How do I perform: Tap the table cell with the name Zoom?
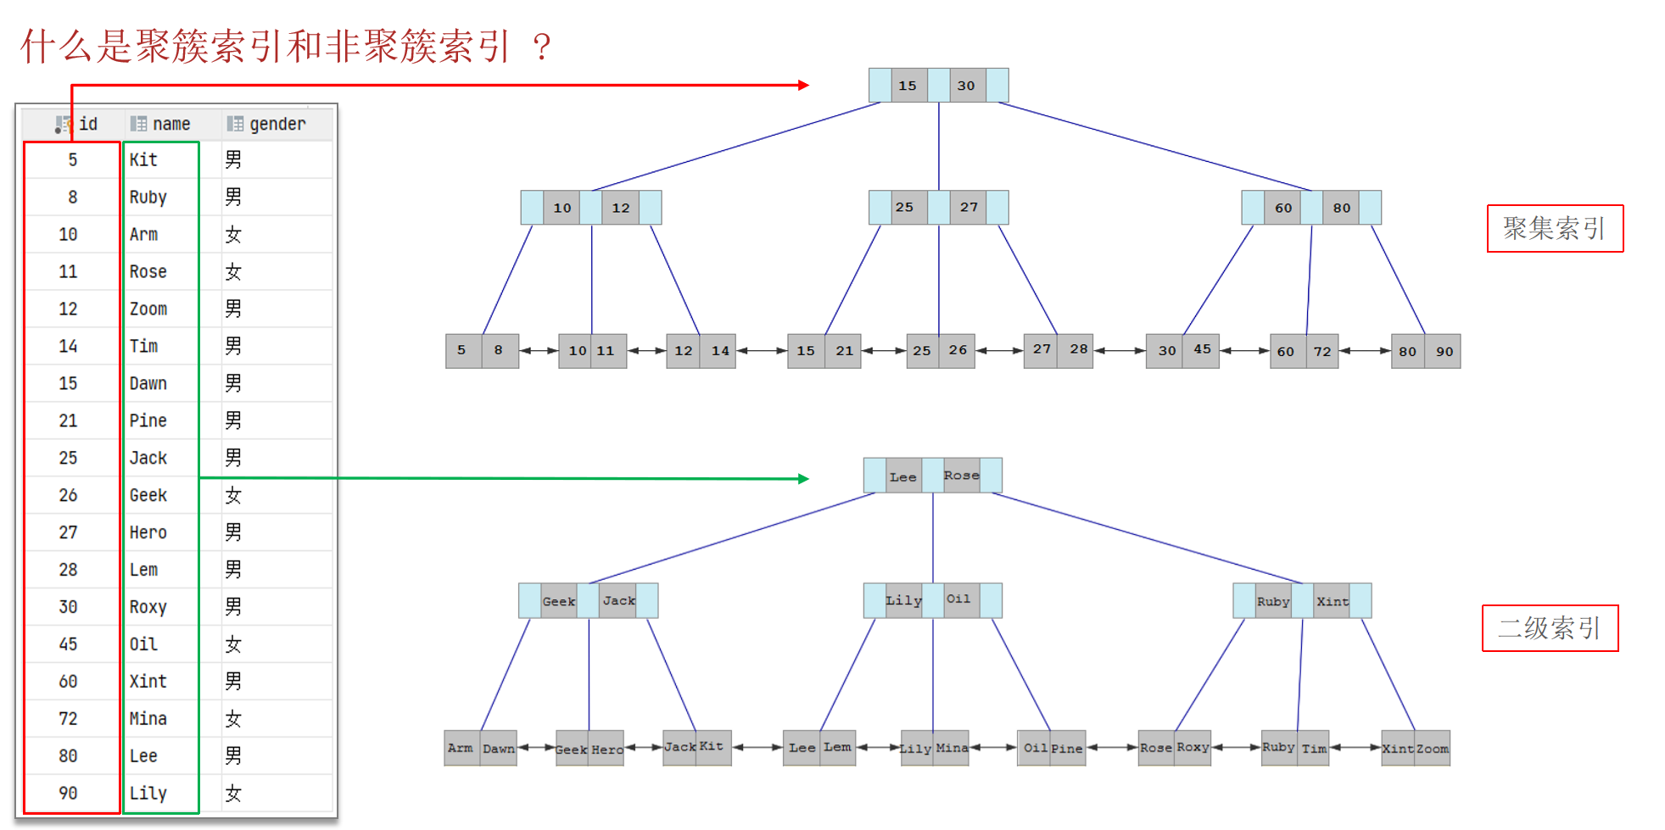[x=148, y=309]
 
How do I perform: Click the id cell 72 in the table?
[x=68, y=719]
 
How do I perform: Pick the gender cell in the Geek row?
[x=233, y=495]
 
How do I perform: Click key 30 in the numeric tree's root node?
[x=966, y=86]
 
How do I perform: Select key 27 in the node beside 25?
[x=969, y=207]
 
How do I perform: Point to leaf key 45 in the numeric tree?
[x=1202, y=349]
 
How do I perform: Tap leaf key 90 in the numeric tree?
[x=1444, y=351]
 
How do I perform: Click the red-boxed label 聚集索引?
[x=1555, y=228]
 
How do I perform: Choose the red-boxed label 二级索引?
[x=1550, y=628]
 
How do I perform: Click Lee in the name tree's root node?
[x=903, y=476]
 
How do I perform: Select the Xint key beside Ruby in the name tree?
[x=1332, y=601]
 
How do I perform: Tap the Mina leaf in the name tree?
[x=952, y=748]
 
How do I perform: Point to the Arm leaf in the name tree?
[x=461, y=748]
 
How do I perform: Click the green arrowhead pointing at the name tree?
[x=803, y=479]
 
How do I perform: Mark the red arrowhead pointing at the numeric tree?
[x=803, y=85]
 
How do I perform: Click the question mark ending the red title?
[x=542, y=47]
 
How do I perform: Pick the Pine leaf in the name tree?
[x=1067, y=749]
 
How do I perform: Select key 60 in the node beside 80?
[x=1283, y=207]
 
